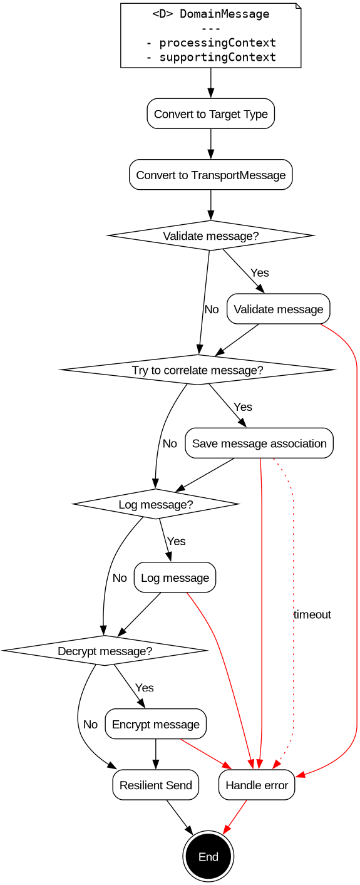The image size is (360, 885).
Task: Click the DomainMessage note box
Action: point(210,35)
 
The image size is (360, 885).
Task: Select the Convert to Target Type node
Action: point(210,114)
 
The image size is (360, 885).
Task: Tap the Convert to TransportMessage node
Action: point(210,175)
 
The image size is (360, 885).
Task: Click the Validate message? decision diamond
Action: point(210,236)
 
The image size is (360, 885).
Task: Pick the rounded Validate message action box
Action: point(278,309)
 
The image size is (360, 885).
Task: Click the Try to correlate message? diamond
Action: point(197,370)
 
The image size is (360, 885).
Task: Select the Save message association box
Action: point(259,443)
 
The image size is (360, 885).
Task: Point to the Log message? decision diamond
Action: point(155,504)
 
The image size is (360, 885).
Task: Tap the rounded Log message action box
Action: point(175,577)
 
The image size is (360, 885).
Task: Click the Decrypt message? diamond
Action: point(105,651)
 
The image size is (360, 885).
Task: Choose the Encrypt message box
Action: point(155,724)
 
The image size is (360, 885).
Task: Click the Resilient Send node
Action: point(155,785)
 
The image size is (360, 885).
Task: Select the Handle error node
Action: point(257,785)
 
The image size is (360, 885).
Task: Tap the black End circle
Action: point(208,856)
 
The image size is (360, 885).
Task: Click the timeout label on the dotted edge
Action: point(312,614)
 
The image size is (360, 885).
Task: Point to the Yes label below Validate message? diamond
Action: point(259,272)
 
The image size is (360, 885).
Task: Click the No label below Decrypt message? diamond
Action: point(90,724)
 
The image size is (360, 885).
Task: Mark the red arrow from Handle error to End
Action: point(235,818)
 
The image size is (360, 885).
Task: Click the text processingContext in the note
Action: point(211,43)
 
